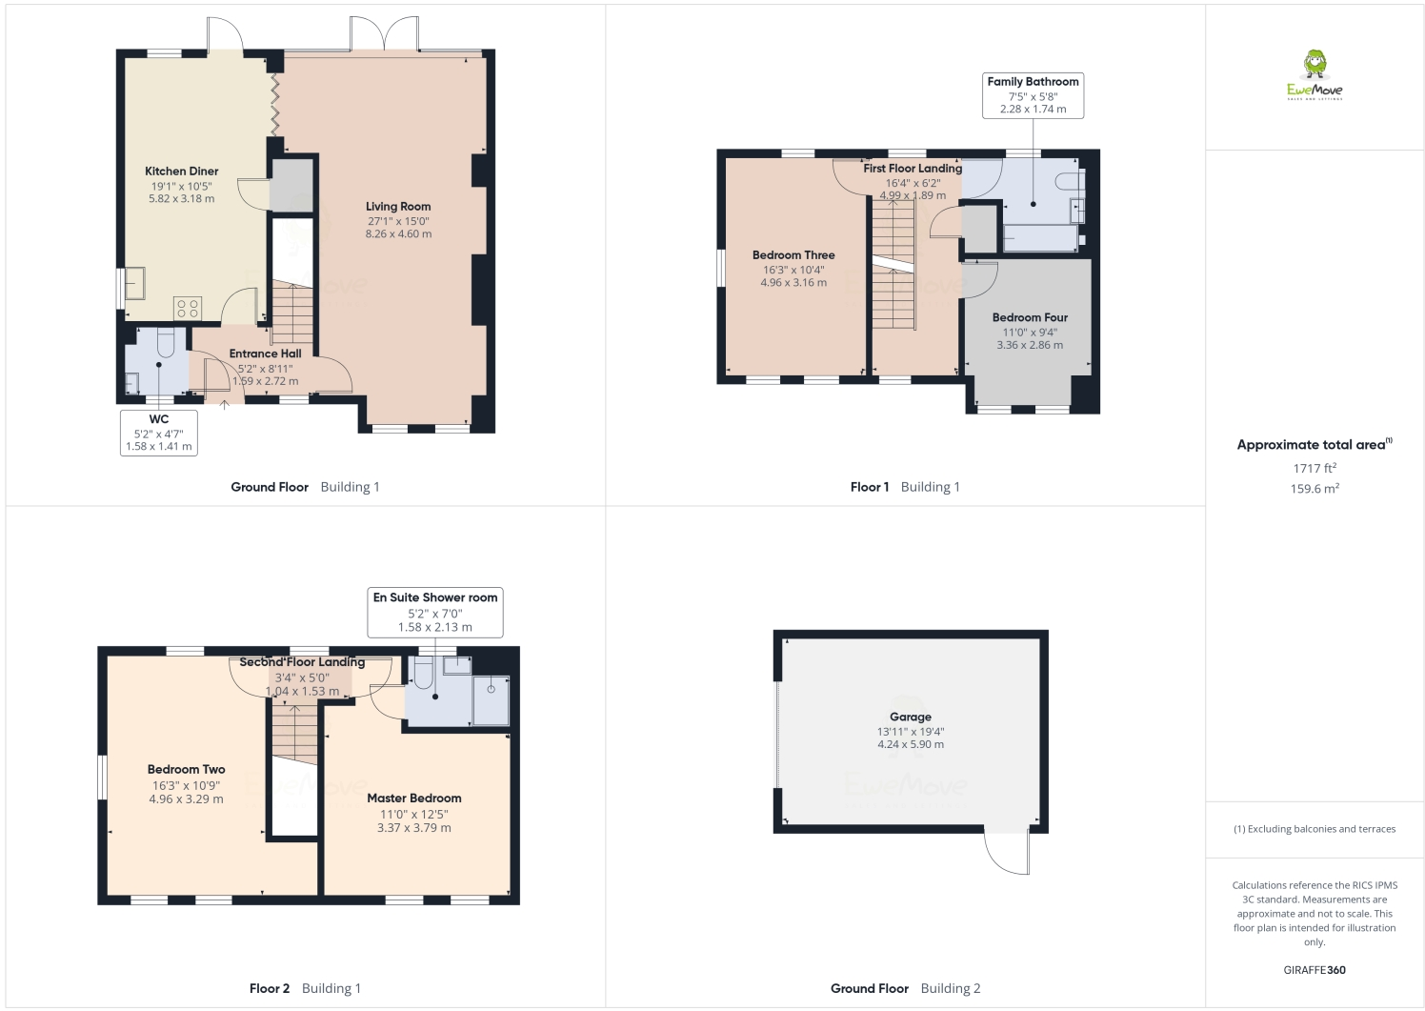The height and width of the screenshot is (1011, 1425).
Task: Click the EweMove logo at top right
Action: click(x=1315, y=75)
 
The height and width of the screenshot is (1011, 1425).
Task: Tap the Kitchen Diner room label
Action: click(x=182, y=172)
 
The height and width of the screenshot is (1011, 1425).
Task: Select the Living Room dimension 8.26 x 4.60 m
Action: click(x=398, y=233)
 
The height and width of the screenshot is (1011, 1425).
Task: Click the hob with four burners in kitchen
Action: click(x=188, y=308)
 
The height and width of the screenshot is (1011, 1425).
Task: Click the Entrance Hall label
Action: click(x=265, y=354)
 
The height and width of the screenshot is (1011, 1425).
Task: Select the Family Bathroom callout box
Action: click(x=1033, y=95)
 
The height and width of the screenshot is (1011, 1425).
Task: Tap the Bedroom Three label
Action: click(x=793, y=255)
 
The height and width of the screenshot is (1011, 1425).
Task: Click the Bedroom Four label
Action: click(x=1030, y=317)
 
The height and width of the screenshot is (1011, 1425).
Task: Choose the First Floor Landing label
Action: click(x=913, y=169)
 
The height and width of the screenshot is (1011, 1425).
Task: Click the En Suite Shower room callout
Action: click(x=435, y=611)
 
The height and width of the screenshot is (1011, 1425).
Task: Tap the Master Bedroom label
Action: click(x=414, y=799)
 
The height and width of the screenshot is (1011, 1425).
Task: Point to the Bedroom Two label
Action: click(x=187, y=769)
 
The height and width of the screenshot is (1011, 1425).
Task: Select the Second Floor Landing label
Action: click(x=302, y=661)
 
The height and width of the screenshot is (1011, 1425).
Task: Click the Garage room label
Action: click(x=911, y=717)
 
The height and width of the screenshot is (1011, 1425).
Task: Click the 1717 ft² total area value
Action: click(x=1315, y=468)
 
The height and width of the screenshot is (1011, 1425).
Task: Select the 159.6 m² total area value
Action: click(x=1315, y=489)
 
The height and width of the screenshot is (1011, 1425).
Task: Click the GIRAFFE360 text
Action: click(x=1315, y=970)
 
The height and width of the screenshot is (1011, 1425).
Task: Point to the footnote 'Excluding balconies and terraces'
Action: click(x=1315, y=829)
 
